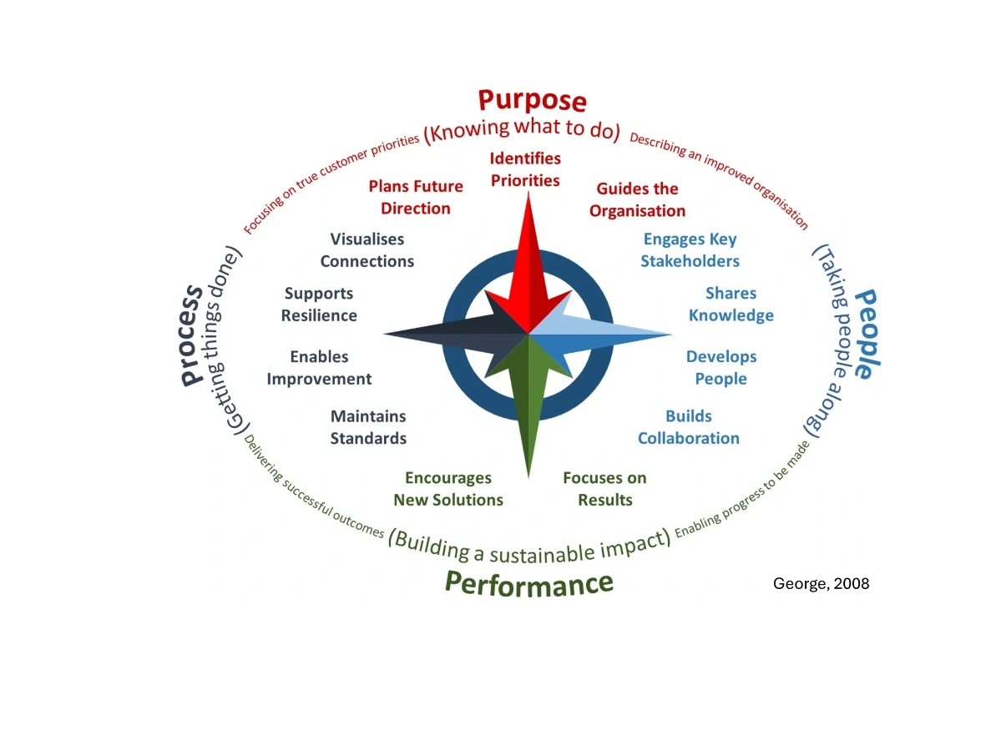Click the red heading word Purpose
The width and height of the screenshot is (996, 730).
[x=532, y=101]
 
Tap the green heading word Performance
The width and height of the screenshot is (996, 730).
[x=529, y=582]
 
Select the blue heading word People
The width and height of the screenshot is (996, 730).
[x=864, y=334]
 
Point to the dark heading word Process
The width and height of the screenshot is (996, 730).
[x=191, y=334]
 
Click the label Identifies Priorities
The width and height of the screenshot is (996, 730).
[x=525, y=169]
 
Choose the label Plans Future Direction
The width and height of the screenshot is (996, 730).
[x=416, y=197]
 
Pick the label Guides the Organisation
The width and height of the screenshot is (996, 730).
[x=637, y=199]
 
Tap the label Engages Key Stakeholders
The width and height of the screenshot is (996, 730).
[x=690, y=249]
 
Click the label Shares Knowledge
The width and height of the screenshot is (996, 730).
[x=731, y=304]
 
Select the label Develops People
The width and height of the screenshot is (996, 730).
[x=721, y=367]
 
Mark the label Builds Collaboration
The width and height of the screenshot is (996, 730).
[x=689, y=426]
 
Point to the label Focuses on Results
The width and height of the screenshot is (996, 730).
[x=604, y=488]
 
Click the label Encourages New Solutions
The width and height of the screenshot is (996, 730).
[x=448, y=488]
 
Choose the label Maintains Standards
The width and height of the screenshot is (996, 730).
[x=368, y=426]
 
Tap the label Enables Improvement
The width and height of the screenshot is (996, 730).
[x=319, y=367]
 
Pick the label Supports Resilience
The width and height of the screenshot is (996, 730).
[x=319, y=304]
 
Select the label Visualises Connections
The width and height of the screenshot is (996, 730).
[x=367, y=249]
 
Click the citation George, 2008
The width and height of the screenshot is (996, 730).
[x=822, y=583]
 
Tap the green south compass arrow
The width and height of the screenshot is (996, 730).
[x=528, y=409]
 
